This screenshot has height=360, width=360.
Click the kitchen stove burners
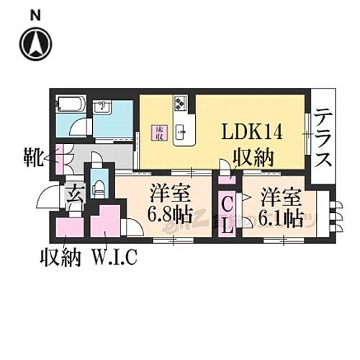tap(179, 107)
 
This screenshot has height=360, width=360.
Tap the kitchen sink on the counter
tap(181, 131)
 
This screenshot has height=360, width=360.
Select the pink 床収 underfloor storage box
tap(157, 133)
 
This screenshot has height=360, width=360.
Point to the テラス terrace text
tap(323, 136)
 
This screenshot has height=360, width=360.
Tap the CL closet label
tap(226, 214)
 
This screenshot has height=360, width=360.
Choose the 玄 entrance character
tap(74, 195)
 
